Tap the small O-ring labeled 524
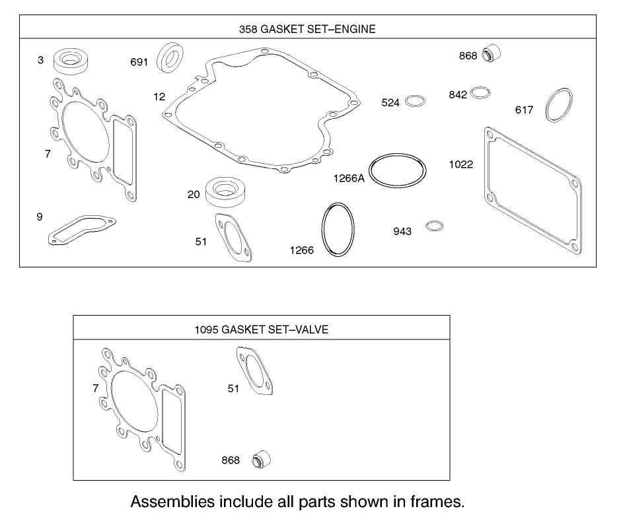pyautogui.click(x=415, y=101)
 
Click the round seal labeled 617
pyautogui.click(x=558, y=104)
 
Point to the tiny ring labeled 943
pyautogui.click(x=434, y=226)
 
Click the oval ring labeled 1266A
pyautogui.click(x=396, y=172)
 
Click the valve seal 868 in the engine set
pyautogui.click(x=490, y=54)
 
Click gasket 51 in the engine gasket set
pyautogui.click(x=233, y=238)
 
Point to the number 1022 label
pyautogui.click(x=461, y=164)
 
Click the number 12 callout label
pyautogui.click(x=159, y=97)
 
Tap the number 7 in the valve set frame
pyautogui.click(x=96, y=389)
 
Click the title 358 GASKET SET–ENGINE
pyautogui.click(x=307, y=29)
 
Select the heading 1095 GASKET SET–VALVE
pyautogui.click(x=262, y=329)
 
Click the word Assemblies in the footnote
pyautogui.click(x=172, y=501)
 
